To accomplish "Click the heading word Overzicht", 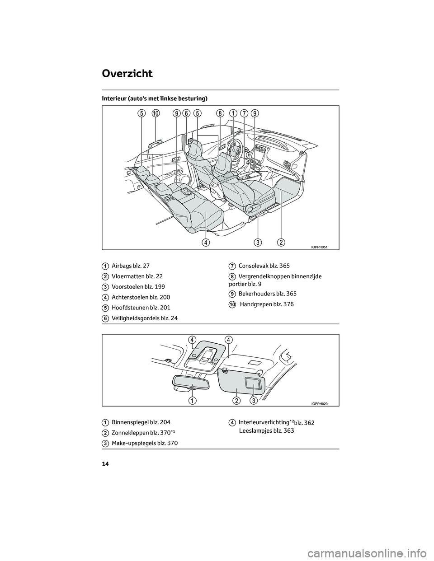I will coord(127,74).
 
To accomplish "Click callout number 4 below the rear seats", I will coord(206,243).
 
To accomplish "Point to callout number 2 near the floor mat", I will coord(281,243).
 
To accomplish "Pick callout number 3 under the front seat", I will coord(258,243).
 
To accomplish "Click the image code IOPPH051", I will coord(319,247).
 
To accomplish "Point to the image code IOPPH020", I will coord(319,404).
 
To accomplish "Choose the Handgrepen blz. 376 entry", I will coord(266,304).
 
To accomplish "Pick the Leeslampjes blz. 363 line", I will coord(266,431).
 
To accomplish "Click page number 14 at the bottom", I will coord(105,464).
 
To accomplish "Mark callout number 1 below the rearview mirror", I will coord(192,401).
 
